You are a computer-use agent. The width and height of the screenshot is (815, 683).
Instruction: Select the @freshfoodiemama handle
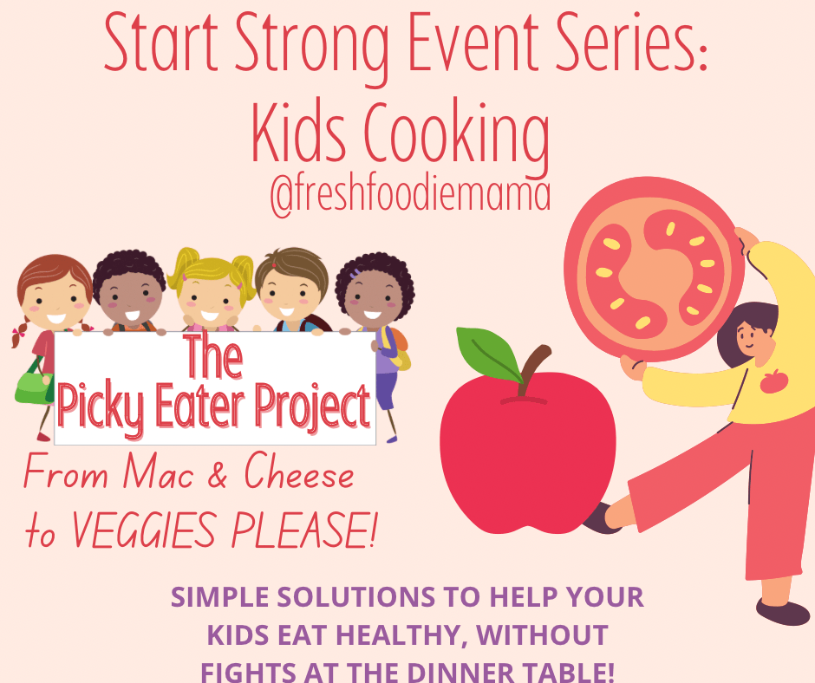(410, 196)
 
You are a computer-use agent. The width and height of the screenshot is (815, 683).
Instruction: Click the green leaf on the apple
(488, 354)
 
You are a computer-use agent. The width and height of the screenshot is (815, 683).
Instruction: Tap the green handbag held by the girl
(35, 385)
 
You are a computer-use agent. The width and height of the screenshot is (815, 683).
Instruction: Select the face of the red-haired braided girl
(54, 302)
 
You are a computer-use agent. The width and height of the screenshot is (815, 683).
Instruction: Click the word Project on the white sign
(312, 407)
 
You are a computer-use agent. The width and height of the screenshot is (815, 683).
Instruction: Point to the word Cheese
(299, 472)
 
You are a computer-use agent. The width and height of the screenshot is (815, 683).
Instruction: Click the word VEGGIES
(143, 530)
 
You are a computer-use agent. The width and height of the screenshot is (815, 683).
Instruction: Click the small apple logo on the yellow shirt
(774, 381)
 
